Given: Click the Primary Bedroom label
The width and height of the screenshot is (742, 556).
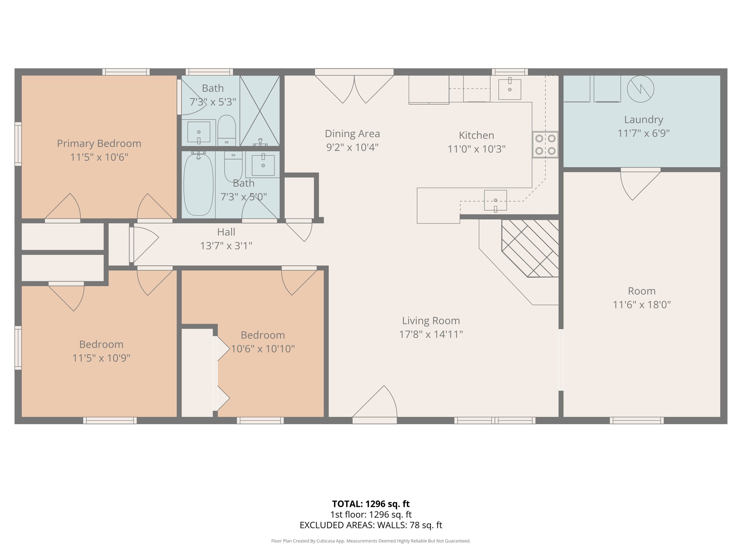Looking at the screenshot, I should tap(99, 144).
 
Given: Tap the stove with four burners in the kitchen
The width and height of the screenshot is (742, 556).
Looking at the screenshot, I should tap(545, 144).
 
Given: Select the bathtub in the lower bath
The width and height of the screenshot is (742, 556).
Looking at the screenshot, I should tap(198, 184).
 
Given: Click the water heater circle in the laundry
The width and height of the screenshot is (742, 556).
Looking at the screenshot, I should tap(640, 89).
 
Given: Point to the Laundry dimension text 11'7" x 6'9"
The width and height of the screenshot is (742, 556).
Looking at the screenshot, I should tap(643, 133).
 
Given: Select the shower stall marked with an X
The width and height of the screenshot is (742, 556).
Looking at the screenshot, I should tap(260, 110).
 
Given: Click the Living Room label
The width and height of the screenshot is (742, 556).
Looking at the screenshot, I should tap(431, 321).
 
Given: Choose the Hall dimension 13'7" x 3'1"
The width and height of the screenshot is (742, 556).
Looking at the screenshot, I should tap(226, 246).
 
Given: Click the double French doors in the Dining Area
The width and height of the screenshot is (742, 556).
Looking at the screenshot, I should tap(354, 87).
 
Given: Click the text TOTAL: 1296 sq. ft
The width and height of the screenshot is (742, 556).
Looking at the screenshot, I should tap(371, 504).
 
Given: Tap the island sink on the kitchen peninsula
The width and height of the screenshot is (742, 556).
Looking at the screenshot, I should tap(495, 200).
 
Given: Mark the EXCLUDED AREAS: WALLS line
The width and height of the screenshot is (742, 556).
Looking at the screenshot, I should tap(371, 525).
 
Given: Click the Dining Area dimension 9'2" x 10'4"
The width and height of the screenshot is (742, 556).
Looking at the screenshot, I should tap(352, 147).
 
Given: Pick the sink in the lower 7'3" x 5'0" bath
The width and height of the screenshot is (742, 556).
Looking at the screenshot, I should tap(263, 165).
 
